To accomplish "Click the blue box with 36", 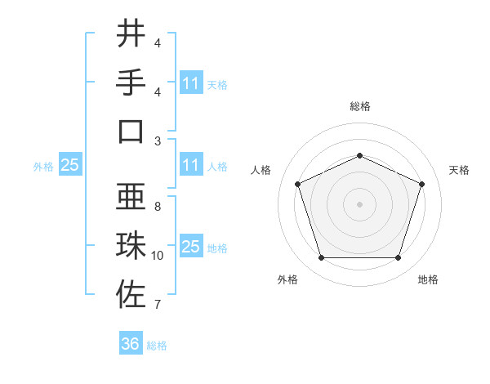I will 131,344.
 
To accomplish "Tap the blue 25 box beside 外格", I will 69,165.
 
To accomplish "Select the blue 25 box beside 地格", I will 190,247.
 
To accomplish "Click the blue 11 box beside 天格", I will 190,83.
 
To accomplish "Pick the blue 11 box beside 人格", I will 190,165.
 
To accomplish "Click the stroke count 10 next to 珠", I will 158,256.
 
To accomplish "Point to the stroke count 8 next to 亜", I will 158,206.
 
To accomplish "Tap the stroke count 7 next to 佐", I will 158,305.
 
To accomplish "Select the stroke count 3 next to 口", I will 158,141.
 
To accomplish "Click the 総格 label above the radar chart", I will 359,106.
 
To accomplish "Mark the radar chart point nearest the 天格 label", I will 422,184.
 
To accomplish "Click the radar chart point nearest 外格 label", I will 321,258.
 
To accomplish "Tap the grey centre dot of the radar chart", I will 359,204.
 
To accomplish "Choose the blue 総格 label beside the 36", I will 157,346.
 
